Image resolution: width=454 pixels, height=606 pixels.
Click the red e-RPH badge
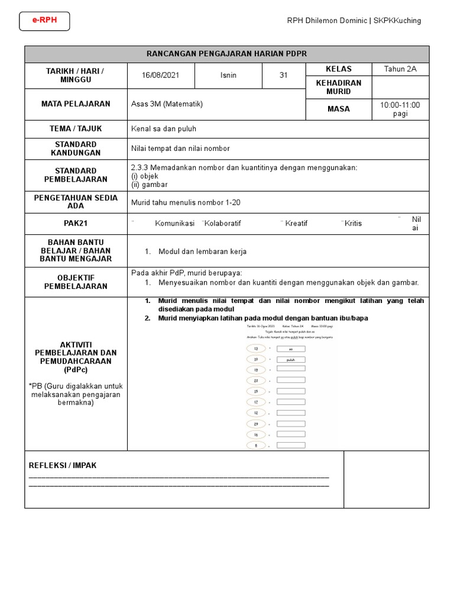click(44, 21)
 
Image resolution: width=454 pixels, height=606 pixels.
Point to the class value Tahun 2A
click(400, 69)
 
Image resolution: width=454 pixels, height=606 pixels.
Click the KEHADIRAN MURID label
click(339, 87)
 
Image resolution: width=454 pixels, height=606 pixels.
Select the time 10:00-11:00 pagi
click(400, 109)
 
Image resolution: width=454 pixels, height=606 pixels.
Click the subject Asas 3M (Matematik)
click(167, 104)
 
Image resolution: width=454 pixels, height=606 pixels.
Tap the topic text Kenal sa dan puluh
click(164, 128)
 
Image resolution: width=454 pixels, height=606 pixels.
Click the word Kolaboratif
click(222, 223)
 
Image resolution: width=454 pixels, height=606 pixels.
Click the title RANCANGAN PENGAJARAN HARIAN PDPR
click(227, 54)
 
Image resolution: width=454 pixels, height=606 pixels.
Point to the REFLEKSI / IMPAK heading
click(63, 465)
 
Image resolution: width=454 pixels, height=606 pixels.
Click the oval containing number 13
click(256, 349)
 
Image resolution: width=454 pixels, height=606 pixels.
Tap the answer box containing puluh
click(290, 359)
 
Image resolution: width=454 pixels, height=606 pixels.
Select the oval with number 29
click(256, 424)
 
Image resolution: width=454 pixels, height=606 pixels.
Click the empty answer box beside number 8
click(290, 445)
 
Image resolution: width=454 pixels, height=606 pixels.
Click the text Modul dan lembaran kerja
click(202, 252)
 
